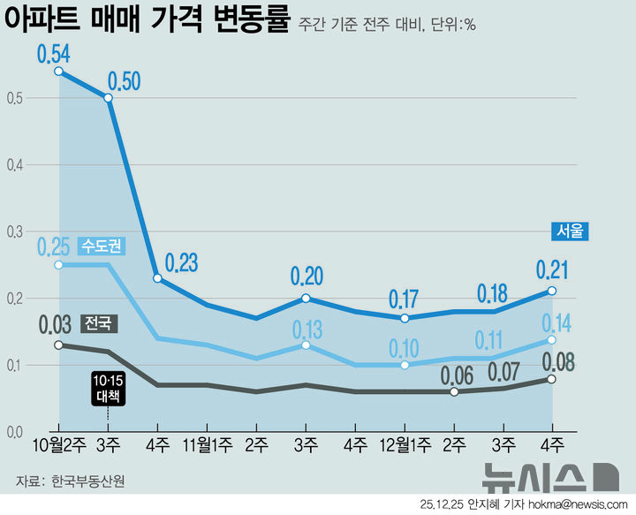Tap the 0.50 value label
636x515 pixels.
[124, 82]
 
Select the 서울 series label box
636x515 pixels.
[570, 231]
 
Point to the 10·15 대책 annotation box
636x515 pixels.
[108, 388]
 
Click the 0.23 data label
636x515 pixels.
[179, 262]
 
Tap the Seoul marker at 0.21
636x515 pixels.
[552, 291]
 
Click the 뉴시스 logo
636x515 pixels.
[548, 478]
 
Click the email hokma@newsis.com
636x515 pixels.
[579, 504]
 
